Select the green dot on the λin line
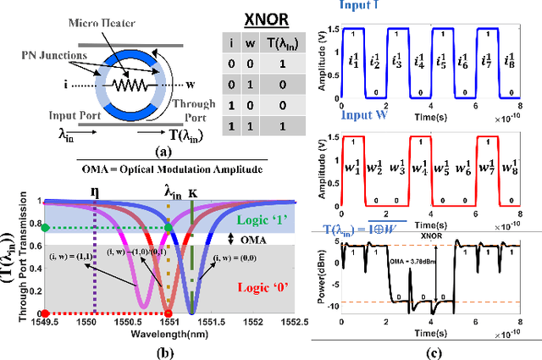click(x=169, y=227)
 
